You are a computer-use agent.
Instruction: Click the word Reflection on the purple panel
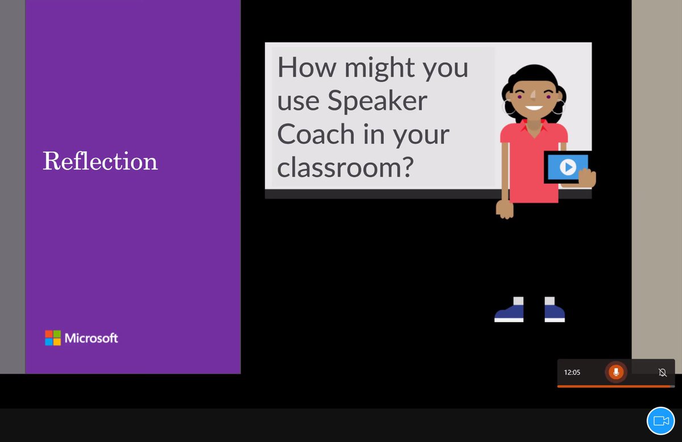(100, 161)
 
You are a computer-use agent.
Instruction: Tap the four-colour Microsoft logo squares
(53, 338)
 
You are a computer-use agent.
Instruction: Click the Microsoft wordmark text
(92, 339)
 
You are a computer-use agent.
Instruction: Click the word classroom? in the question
(345, 168)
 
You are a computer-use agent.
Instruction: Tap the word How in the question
(306, 68)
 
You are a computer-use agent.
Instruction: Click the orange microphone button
(616, 372)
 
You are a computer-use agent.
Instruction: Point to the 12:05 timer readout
(572, 373)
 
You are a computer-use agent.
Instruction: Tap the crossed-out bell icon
(662, 373)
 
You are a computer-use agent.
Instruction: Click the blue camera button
(660, 421)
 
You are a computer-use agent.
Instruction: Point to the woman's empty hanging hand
(505, 209)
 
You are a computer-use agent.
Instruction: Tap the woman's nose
(533, 97)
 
